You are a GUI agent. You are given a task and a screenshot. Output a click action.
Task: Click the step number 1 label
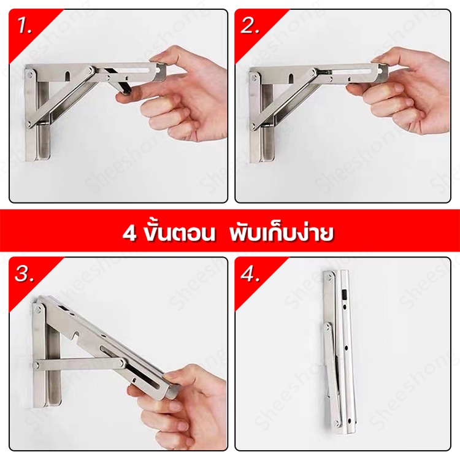(25, 26)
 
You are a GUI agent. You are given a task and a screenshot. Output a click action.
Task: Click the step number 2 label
(250, 26)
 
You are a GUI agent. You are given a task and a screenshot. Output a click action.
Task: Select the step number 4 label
(250, 274)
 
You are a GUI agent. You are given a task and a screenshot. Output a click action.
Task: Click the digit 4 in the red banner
(129, 234)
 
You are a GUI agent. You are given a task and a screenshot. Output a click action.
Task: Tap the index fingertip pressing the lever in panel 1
(123, 98)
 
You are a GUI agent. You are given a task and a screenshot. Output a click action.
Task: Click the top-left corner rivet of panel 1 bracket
(30, 74)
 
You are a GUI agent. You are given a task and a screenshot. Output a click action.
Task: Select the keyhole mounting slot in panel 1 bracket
(67, 76)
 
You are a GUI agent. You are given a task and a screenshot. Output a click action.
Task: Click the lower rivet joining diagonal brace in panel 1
(29, 125)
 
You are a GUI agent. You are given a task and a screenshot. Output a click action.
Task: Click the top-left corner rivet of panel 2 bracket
(255, 75)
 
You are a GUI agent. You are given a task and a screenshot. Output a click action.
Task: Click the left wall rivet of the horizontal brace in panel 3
(37, 366)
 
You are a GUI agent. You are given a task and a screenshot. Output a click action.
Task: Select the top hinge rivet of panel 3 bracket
(38, 309)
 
